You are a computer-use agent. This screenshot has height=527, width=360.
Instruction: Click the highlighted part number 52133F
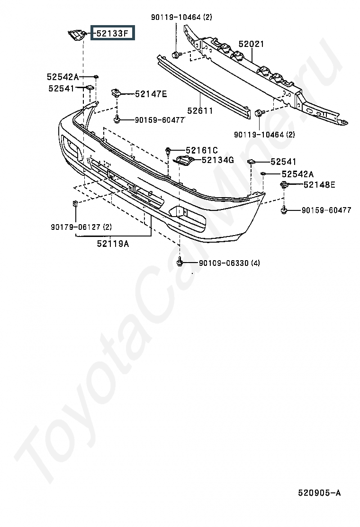[112, 33]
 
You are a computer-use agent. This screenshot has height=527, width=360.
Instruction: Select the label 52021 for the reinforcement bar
[251, 44]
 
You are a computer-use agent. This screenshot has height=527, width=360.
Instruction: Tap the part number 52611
[200, 110]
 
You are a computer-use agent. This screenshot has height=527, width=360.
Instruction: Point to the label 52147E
[151, 94]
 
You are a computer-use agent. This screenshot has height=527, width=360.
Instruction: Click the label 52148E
[319, 184]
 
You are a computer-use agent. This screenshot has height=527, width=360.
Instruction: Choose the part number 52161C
[201, 150]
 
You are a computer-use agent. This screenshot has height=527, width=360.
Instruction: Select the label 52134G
[217, 160]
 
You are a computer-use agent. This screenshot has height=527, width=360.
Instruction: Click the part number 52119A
[113, 243]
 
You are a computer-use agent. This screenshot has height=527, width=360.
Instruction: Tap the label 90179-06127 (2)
[81, 227]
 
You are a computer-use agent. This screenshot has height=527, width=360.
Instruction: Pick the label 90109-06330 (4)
[229, 263]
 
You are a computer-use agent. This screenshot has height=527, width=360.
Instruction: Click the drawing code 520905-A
[319, 493]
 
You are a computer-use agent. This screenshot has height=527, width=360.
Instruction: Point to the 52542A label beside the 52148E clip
[297, 174]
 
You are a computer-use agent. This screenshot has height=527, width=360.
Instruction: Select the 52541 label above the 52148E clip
[283, 162]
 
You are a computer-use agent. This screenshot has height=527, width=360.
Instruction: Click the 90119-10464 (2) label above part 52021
[181, 17]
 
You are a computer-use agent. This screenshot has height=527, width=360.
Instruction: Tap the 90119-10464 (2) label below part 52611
[264, 135]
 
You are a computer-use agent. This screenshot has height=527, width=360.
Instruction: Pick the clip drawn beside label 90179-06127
[75, 203]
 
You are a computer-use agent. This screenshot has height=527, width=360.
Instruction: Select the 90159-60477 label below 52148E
[326, 210]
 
